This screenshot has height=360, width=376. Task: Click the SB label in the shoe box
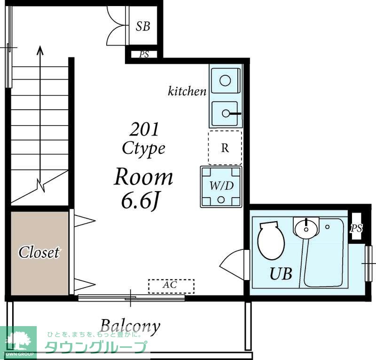click(143, 26)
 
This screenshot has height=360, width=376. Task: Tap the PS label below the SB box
click(144, 55)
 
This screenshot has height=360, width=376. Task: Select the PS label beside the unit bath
click(356, 228)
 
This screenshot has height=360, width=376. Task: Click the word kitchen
click(187, 91)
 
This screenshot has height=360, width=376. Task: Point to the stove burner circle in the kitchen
click(225, 80)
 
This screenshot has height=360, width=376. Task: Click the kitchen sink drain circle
click(226, 113)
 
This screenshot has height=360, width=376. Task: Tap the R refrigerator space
click(225, 148)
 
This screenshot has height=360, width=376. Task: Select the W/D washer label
click(221, 185)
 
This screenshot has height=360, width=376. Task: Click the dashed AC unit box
click(171, 286)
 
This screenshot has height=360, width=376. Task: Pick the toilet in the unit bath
click(271, 241)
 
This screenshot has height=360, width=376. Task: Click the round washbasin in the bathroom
click(306, 229)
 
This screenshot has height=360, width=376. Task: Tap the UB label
click(281, 273)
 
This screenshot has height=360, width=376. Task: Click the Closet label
click(39, 252)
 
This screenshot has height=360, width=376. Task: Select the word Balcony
click(130, 327)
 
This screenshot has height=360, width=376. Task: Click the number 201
click(144, 129)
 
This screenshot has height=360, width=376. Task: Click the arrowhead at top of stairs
click(40, 50)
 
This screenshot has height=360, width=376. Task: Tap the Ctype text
click(144, 149)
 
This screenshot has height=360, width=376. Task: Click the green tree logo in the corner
click(17, 340)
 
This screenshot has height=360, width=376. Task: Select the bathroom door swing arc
click(230, 262)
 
